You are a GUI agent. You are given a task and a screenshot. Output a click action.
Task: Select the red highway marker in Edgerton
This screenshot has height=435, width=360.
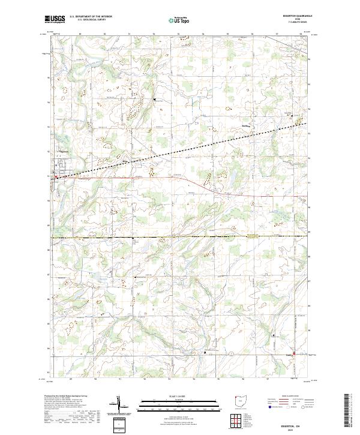point(56,177)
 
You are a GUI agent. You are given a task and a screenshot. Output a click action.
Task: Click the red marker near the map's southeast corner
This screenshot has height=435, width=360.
point(294,353)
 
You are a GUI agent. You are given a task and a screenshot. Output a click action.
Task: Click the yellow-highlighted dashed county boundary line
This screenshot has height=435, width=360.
point(180,238)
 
